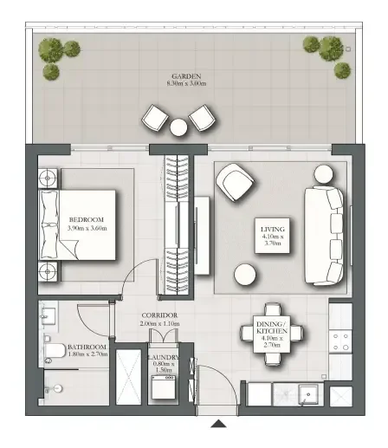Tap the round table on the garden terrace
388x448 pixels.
click(x=179, y=128)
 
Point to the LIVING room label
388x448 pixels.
click(x=274, y=236)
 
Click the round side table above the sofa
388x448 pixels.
click(x=324, y=172)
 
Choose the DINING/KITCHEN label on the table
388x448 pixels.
click(x=269, y=331)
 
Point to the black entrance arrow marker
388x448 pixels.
click(x=220, y=424)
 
